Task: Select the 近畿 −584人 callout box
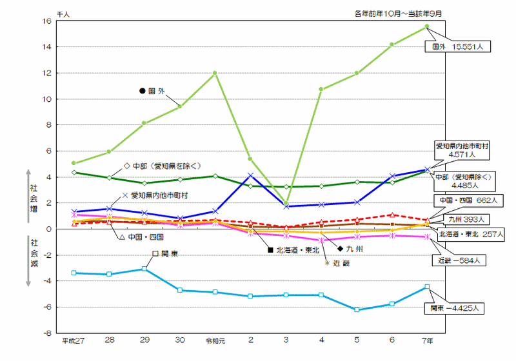[x=457, y=261]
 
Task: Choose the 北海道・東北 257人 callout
[x=471, y=234]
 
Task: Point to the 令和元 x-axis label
[x=214, y=340]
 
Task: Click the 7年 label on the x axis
[x=427, y=340]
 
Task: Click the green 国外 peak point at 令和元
[x=215, y=73]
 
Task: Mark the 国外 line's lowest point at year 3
[x=285, y=203]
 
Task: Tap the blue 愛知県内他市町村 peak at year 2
[x=250, y=175]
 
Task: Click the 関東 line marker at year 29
[x=144, y=269]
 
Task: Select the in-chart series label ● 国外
[x=152, y=91]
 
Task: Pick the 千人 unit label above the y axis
[x=63, y=12]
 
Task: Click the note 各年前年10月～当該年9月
[x=400, y=12]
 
